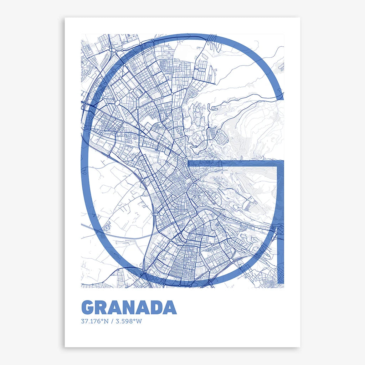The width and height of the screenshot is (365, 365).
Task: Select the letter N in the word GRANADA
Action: coord(131,307)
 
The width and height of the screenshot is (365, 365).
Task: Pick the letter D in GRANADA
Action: coord(156,307)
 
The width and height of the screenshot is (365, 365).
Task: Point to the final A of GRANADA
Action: coord(170,307)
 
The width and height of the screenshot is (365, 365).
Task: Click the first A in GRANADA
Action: coord(117,307)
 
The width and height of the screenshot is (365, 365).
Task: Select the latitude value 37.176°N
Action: coord(94,321)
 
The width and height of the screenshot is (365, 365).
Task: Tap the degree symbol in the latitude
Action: coord(102,320)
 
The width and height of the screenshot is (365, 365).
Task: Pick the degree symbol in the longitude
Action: coord(135,320)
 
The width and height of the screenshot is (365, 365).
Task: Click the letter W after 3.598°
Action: coord(139,321)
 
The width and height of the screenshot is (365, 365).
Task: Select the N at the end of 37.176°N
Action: coord(106,321)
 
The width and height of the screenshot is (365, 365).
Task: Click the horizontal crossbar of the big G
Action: coord(235,164)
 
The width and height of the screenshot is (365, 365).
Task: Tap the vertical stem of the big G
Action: coord(281,221)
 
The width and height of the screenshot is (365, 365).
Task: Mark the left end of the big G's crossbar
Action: coord(189,164)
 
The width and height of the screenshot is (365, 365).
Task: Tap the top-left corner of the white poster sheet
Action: coord(65,18)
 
